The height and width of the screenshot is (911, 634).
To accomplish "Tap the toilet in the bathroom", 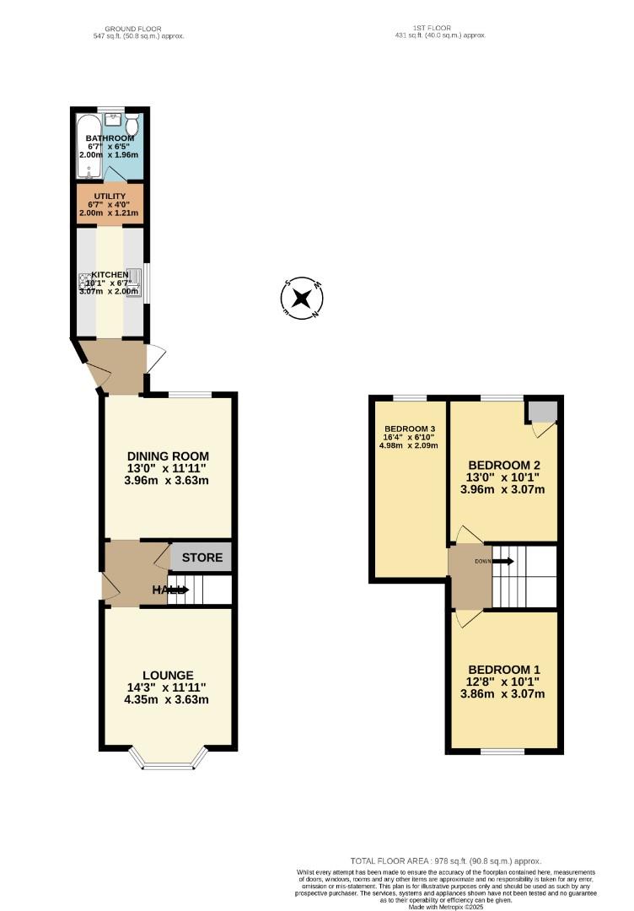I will point(132,126).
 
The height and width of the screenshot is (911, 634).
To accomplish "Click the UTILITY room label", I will point(110,196).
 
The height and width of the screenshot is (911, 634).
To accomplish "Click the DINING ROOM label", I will point(166,456).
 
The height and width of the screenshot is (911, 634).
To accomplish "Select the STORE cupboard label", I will point(202,558).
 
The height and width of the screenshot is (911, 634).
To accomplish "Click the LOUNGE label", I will point(168,675).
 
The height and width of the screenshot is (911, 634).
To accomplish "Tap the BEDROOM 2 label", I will point(504,466).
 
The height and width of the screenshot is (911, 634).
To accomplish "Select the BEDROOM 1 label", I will point(504,660).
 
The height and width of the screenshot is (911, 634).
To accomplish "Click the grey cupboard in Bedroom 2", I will point(543,411).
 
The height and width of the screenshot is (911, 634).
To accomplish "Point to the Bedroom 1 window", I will point(503,749).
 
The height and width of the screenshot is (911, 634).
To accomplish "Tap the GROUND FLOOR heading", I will point(138,29).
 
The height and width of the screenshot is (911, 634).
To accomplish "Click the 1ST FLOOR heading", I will point(441,29).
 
